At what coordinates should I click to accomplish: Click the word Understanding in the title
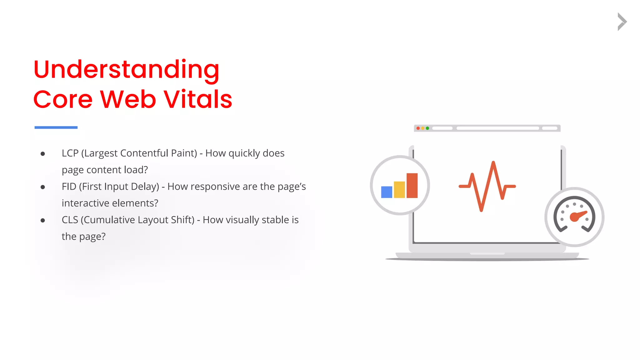pos(126,69)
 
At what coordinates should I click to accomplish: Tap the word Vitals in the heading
pos(198,99)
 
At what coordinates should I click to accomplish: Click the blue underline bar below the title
pos(56,127)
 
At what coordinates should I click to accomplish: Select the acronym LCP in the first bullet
pos(70,153)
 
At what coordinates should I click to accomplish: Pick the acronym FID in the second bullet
pos(69,187)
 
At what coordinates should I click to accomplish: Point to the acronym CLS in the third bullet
pos(70,220)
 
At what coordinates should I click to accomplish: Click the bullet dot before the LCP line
pos(43,154)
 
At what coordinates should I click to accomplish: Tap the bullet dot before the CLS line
pos(43,220)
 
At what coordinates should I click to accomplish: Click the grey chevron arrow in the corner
pos(622,22)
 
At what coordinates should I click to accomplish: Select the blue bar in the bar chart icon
pos(387,192)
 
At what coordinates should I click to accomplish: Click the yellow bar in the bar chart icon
pos(399,189)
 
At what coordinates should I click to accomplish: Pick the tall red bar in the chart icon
pos(412,185)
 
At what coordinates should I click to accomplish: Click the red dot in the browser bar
pos(418,128)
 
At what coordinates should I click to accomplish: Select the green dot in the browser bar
pos(427,128)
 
